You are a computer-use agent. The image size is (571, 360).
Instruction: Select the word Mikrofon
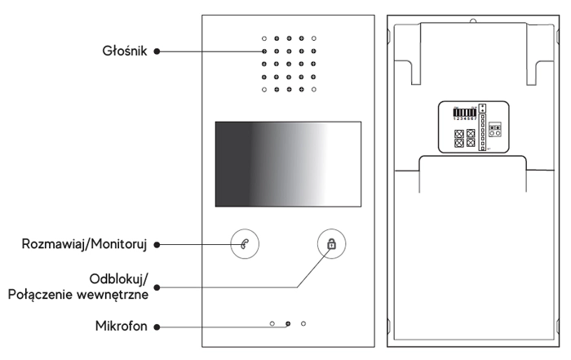tap(121, 327)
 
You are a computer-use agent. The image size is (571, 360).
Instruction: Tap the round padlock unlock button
tap(330, 244)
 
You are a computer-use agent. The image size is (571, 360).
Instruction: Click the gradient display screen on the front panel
tap(288, 163)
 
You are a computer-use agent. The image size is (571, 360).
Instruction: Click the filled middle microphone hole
tap(288, 324)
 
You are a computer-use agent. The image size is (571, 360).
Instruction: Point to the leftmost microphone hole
tap(272, 324)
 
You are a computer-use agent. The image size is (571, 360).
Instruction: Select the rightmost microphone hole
tap(303, 324)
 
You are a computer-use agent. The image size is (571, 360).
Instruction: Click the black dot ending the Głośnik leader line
tap(157, 51)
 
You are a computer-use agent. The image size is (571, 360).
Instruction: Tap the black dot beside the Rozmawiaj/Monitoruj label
tap(157, 244)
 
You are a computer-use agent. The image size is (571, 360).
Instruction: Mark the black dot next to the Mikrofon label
tap(157, 327)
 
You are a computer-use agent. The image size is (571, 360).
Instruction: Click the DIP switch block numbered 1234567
tap(464, 113)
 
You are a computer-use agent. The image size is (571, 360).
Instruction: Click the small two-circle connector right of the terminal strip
tap(495, 132)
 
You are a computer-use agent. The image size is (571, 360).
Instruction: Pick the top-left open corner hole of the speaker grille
tap(263, 38)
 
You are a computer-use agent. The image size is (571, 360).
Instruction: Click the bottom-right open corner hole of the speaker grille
tap(314, 89)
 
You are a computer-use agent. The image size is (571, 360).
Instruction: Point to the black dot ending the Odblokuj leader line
tap(157, 286)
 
